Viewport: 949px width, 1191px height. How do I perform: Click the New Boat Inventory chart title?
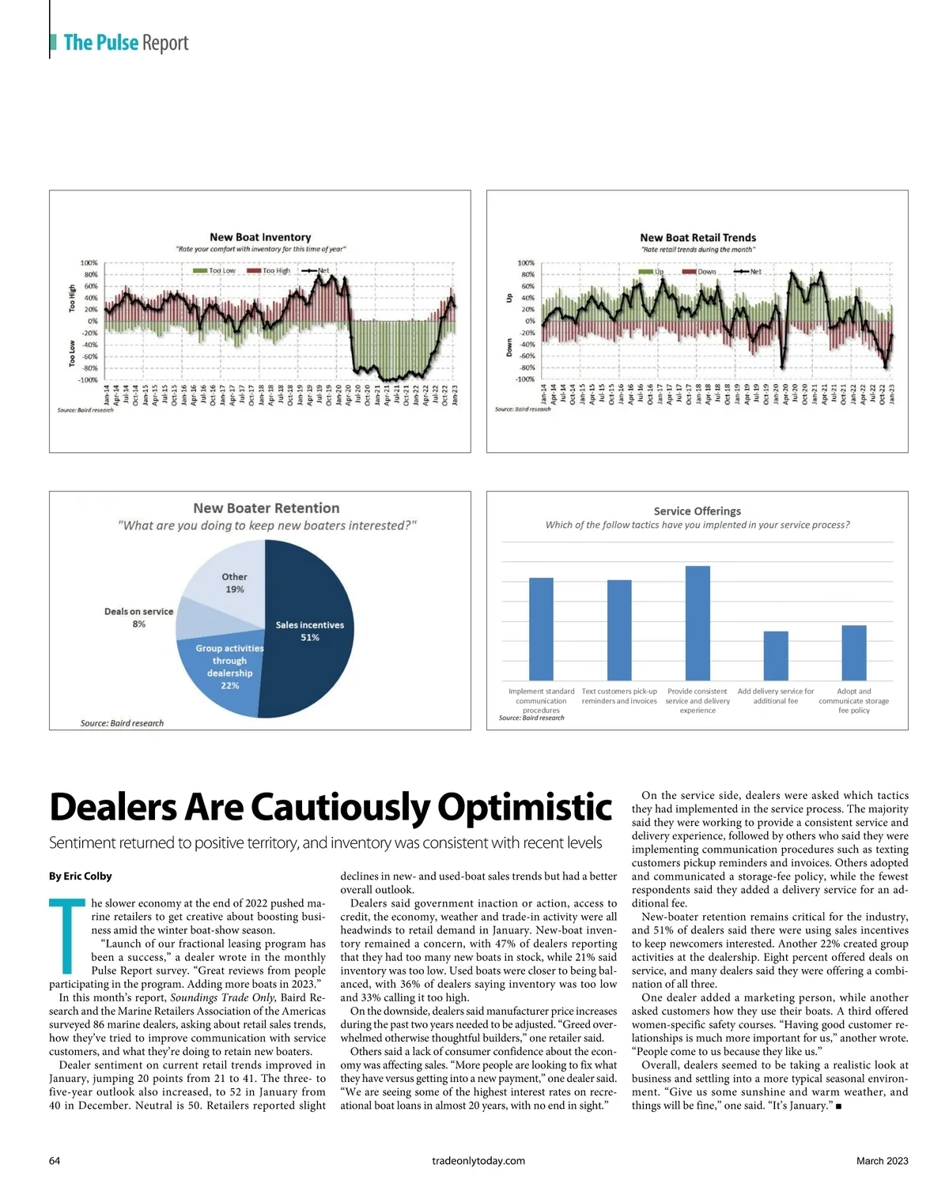pos(260,237)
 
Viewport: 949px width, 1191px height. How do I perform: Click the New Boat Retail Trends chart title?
pos(698,237)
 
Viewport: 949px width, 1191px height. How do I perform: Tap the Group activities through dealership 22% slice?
pos(225,672)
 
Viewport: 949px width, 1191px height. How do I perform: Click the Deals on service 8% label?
pos(138,617)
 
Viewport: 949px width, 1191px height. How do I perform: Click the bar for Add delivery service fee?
pos(776,655)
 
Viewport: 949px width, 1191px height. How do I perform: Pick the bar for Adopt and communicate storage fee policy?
pos(854,652)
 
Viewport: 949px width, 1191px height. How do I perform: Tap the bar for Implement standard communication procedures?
pos(541,628)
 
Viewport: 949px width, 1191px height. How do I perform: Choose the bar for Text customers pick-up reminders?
pos(619,630)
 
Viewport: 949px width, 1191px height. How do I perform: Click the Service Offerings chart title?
pos(698,511)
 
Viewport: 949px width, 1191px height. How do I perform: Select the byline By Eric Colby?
pos(81,876)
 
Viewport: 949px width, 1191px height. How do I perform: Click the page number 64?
pos(55,1161)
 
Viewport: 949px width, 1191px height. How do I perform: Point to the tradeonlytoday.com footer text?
pos(478,1161)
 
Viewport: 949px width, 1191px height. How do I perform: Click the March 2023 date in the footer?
pos(882,1161)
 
